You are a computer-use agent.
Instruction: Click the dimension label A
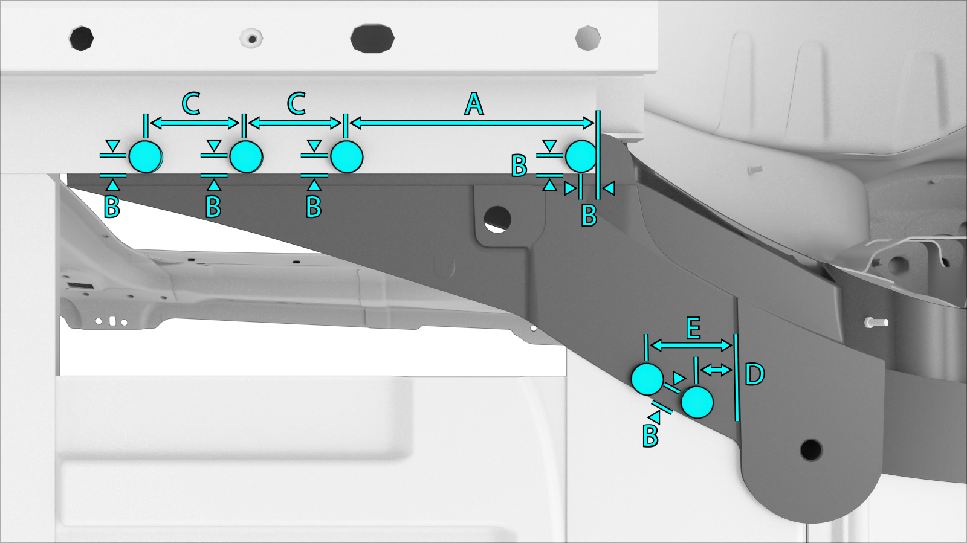pos(474,104)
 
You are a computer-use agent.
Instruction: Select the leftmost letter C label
pos(191,104)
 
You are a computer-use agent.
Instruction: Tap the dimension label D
pos(755,374)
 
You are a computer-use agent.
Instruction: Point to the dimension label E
pos(693,328)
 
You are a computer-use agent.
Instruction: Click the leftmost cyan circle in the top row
pos(146,156)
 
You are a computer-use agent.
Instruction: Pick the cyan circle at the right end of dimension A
pos(581,156)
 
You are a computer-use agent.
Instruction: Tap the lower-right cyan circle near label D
pos(697,402)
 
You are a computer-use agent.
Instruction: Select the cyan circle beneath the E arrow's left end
pos(647,379)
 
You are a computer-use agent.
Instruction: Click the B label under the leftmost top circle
pos(112,207)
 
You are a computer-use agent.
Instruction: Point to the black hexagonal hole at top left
pos(82,39)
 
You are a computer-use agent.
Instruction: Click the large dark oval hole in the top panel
pos(372,39)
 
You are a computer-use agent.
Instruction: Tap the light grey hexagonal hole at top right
pos(588,38)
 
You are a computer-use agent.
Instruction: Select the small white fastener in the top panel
pos(251,39)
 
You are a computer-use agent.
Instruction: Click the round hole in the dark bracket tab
pos(497,219)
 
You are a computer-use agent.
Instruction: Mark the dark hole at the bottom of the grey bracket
pos(810,450)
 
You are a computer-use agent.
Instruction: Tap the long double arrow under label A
pos(472,123)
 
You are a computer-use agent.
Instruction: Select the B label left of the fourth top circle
pos(519,165)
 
